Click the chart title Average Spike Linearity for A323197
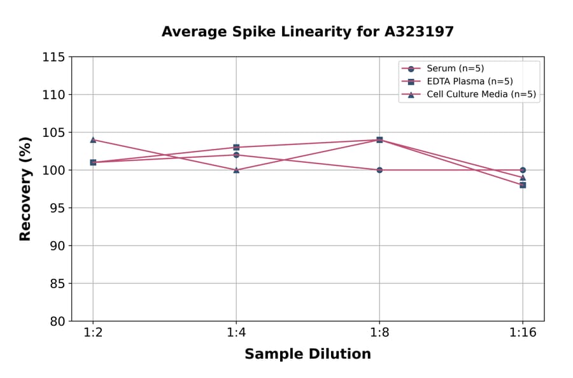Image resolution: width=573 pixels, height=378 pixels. tap(308, 32)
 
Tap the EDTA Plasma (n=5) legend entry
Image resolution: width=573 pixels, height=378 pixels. tap(469, 81)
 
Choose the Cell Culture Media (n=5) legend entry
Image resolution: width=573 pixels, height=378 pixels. tap(481, 95)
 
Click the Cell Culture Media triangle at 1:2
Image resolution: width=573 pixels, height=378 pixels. tap(93, 139)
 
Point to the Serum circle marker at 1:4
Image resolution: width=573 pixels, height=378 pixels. tap(236, 155)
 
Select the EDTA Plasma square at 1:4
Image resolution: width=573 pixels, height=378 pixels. tap(236, 147)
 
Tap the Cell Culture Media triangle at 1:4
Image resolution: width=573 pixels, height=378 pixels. tap(236, 170)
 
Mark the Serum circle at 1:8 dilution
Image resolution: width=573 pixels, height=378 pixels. tap(379, 170)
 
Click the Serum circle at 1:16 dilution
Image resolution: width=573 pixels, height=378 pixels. tap(523, 170)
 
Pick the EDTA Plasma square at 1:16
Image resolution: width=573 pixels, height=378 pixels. tap(523, 185)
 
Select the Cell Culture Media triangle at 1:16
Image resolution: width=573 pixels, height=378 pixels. tap(523, 178)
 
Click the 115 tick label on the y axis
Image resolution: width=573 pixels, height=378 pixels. tap(53, 57)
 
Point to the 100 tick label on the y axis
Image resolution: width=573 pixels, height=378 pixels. tap(53, 171)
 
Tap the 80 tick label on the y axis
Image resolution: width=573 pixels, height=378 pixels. tap(57, 321)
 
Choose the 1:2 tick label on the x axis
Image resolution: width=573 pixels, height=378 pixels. tap(93, 333)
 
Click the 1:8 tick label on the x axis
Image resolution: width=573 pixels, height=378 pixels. tap(379, 333)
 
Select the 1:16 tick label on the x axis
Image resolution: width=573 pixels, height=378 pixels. tap(523, 333)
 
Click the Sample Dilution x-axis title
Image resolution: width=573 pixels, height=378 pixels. tap(308, 354)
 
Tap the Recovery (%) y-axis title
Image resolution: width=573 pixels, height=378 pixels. tap(25, 188)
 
